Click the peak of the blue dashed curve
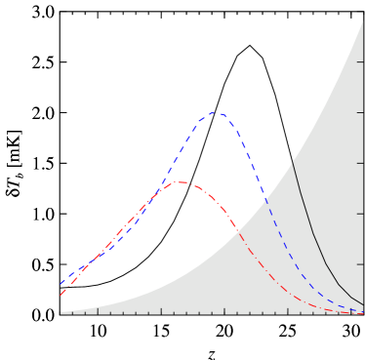(x=215, y=113)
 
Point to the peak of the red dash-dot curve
(x=182, y=182)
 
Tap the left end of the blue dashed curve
(x=61, y=284)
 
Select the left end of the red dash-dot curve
(x=61, y=295)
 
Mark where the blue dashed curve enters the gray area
(x=265, y=198)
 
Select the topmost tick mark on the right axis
(x=361, y=62)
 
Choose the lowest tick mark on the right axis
(x=361, y=263)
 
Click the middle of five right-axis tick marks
(x=361, y=163)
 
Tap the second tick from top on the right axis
(x=361, y=112)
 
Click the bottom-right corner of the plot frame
(x=363, y=313)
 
